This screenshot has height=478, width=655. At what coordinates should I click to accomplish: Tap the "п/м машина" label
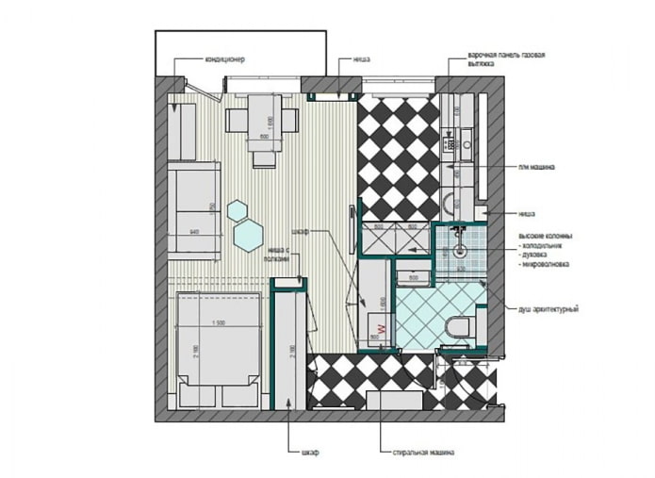(x=535, y=168)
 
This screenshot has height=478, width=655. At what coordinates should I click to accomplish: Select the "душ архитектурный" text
(x=548, y=309)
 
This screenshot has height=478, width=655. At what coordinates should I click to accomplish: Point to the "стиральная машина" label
(x=423, y=453)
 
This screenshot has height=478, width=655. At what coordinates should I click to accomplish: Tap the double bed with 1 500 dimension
(x=218, y=344)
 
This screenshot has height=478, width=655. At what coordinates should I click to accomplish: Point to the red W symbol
(x=382, y=346)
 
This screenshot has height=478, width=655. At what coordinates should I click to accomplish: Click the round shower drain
(x=460, y=252)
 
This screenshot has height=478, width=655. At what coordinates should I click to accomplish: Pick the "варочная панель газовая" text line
(x=505, y=55)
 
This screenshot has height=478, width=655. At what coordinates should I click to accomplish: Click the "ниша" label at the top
(x=359, y=59)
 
